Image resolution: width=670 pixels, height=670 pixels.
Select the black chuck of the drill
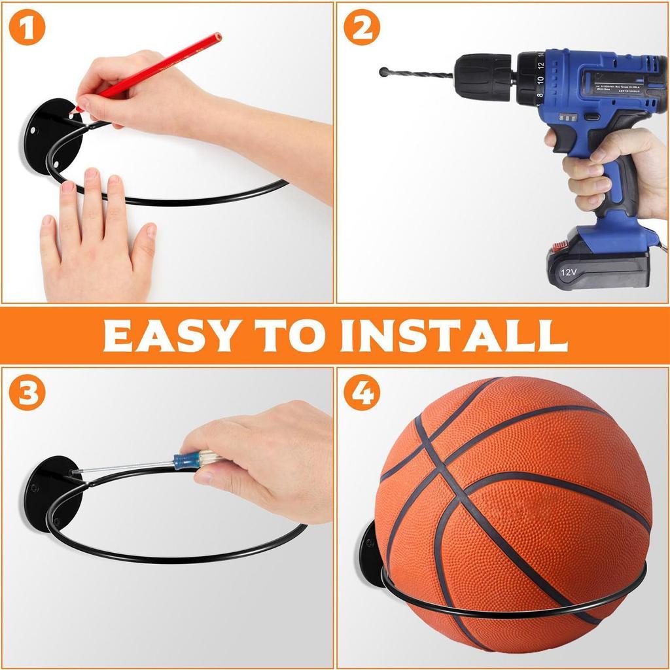(x=484, y=77)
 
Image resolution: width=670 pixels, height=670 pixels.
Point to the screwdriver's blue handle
(x=186, y=461)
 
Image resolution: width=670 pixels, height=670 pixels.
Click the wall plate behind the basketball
(x=371, y=553)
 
